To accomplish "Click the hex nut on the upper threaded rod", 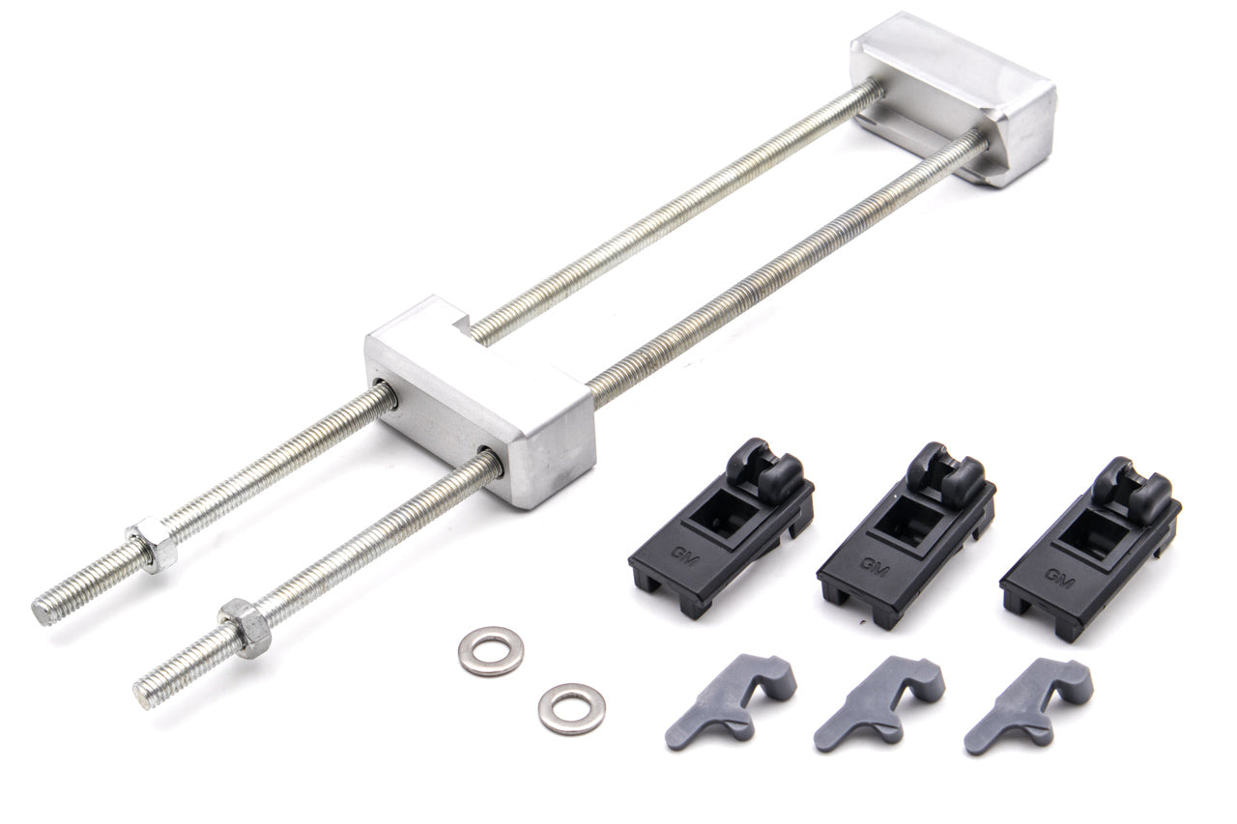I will point(154,545).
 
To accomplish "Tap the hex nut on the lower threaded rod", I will point(245,628).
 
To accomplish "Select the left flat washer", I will point(491,650).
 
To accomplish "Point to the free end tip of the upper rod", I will point(43,611).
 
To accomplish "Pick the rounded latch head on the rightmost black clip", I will point(1134,482).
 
